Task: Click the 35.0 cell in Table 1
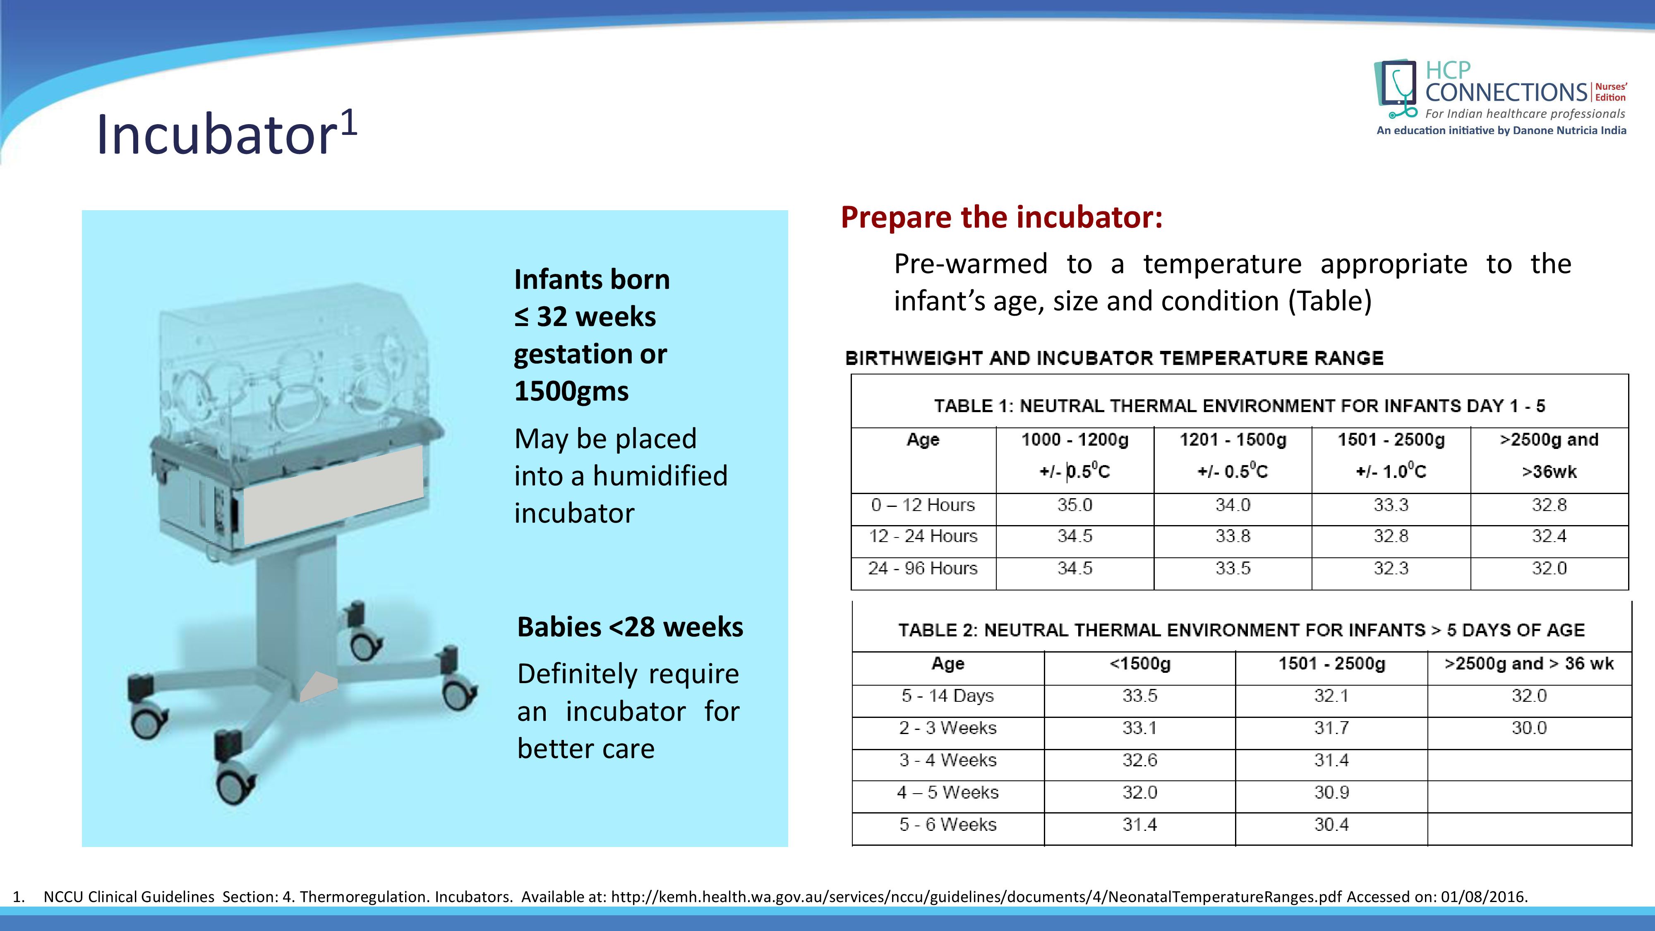point(1074,505)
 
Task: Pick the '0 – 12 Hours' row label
point(923,505)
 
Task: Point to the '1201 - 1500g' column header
point(1232,440)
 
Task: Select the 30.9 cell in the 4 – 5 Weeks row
point(1331,792)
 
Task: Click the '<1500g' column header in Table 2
point(1140,664)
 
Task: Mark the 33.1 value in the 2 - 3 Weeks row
point(1140,728)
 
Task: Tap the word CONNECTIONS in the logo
point(1506,93)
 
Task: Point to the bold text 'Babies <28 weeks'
point(630,627)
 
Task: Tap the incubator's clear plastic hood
point(293,360)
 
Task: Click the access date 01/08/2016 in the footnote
point(1483,897)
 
